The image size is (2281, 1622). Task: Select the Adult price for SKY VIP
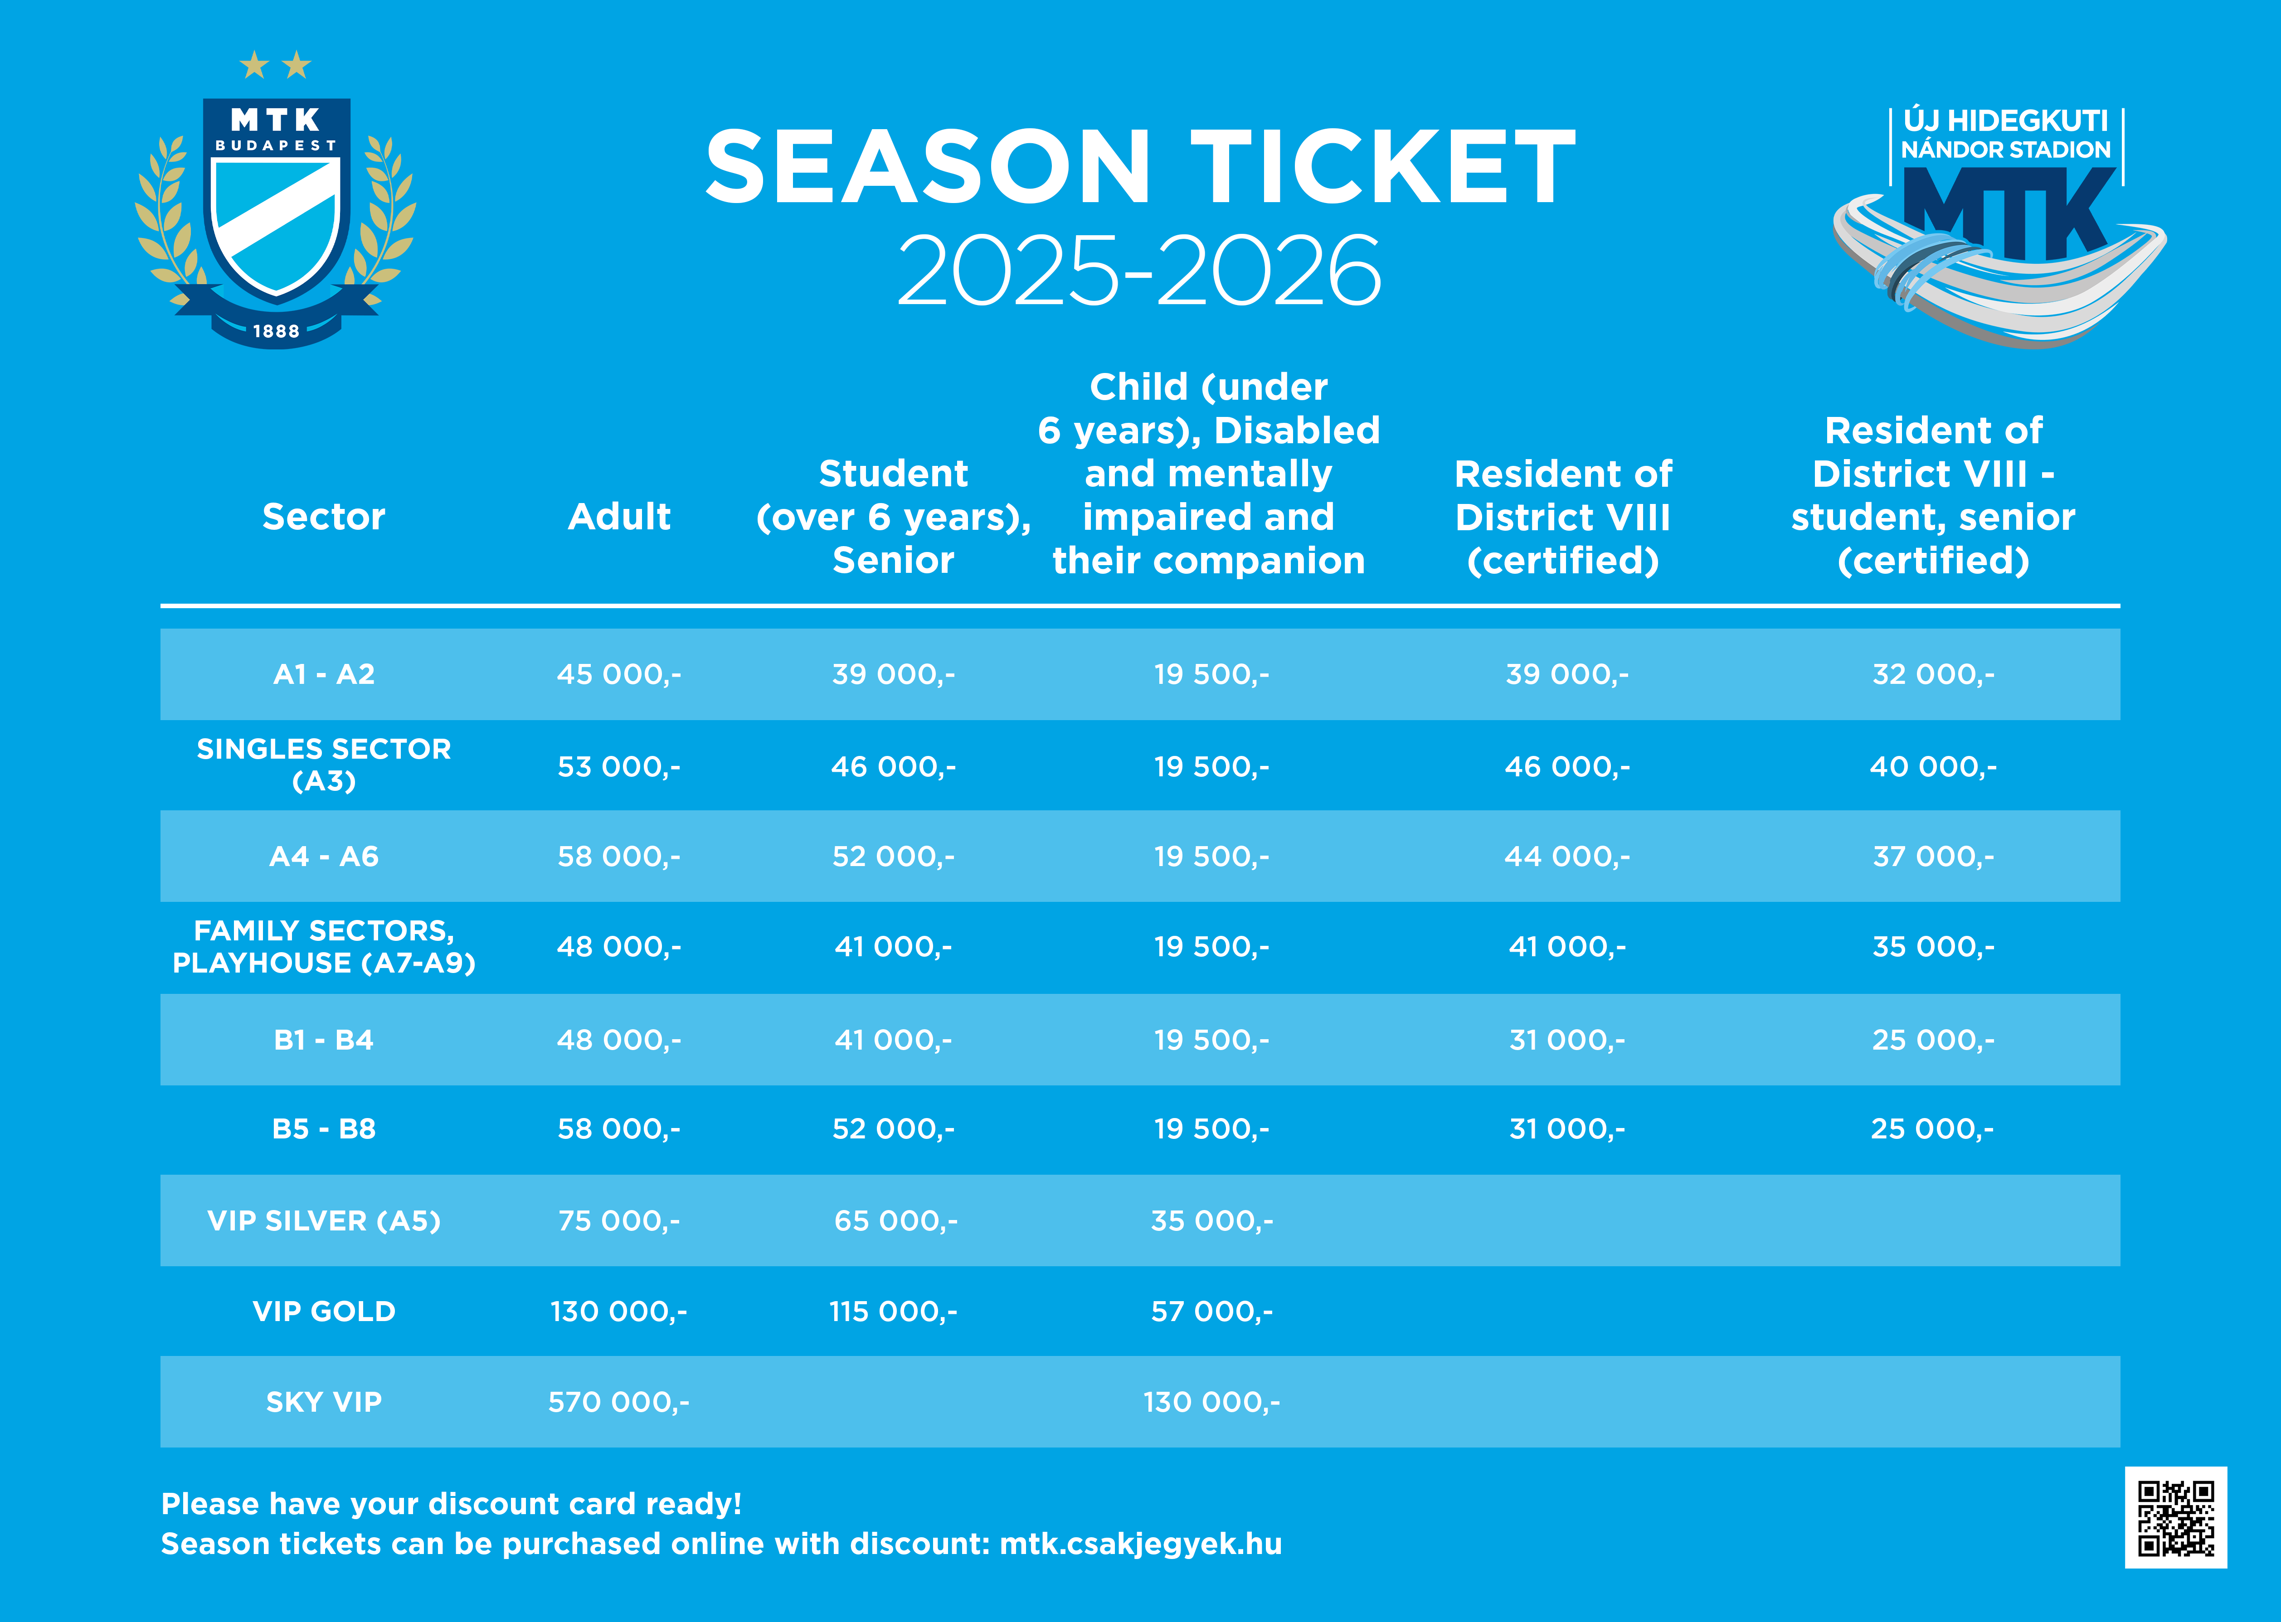618,1402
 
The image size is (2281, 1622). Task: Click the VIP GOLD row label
324,1312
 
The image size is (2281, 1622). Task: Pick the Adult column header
618,516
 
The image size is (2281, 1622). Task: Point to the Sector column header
324,516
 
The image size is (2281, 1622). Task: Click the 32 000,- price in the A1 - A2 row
1932,674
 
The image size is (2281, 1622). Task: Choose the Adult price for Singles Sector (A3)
618,766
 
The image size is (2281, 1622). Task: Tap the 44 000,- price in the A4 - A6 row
1566,856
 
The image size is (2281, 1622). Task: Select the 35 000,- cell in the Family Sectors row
1932,946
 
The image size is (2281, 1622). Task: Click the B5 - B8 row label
324,1128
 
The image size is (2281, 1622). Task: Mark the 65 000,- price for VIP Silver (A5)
895,1220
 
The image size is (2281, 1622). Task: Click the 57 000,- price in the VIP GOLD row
1211,1312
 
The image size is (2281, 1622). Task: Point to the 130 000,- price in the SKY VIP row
1211,1402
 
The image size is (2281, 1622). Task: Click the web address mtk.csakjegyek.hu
1140,1544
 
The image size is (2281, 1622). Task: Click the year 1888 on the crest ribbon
276,330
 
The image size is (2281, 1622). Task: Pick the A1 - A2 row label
324,674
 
